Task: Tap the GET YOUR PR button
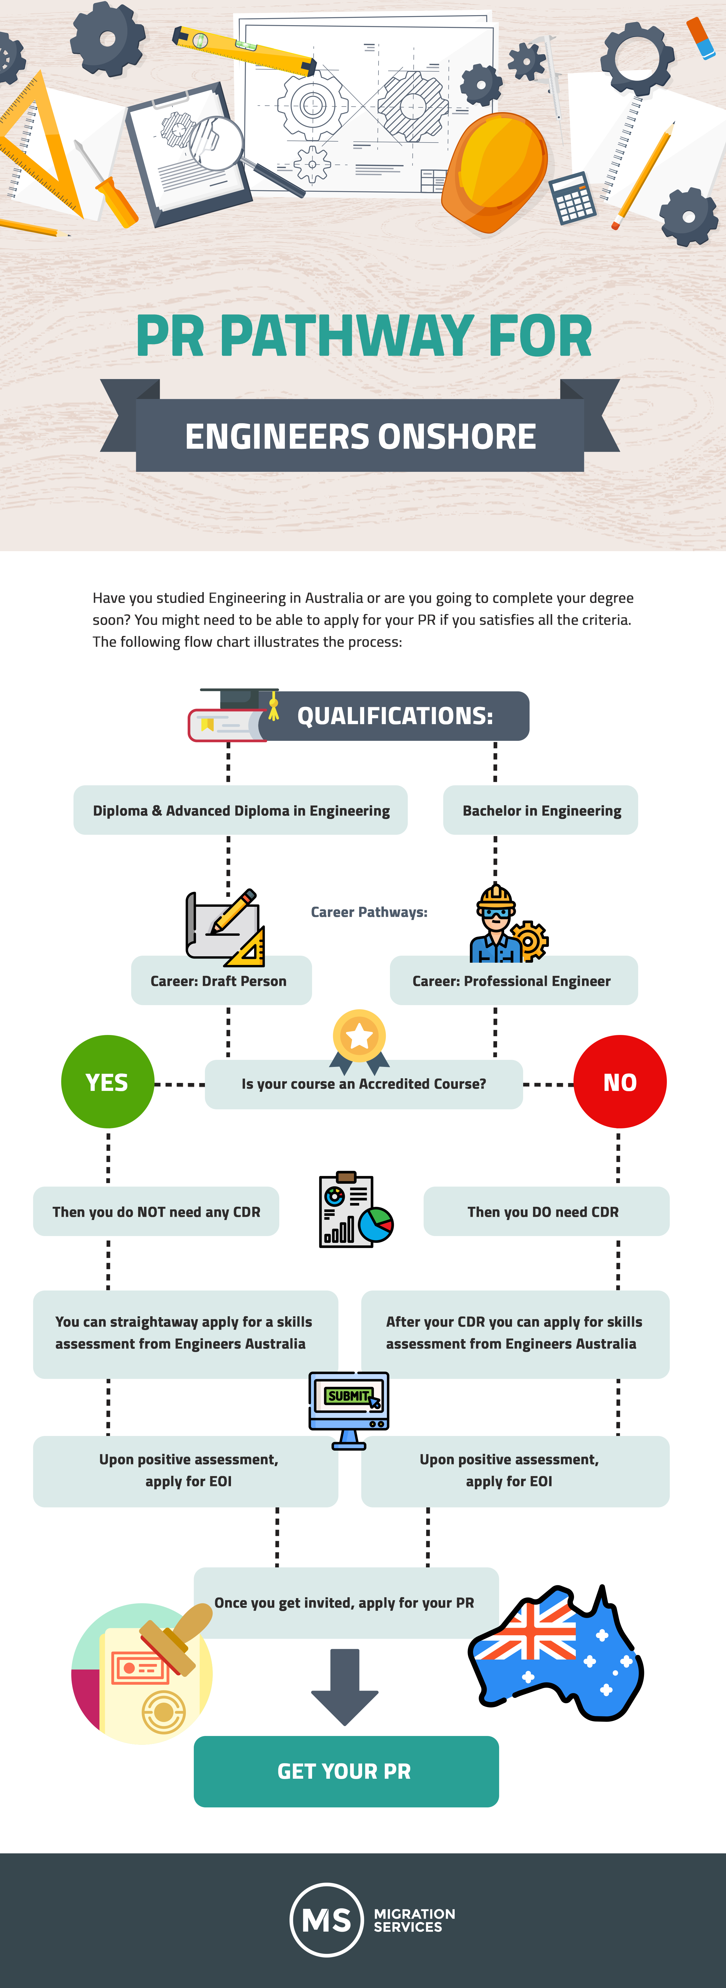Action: coord(346,1771)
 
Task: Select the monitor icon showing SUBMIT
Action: coord(349,1410)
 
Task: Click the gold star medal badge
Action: coord(359,1040)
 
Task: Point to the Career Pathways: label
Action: coord(369,911)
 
